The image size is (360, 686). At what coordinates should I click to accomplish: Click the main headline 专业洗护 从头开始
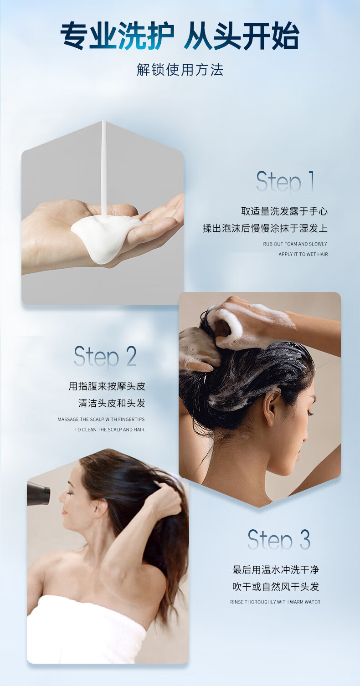180,36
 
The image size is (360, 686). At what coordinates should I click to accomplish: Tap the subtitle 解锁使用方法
180,70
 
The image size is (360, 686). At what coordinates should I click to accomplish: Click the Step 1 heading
285,181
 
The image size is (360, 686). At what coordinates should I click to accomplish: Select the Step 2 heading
105,356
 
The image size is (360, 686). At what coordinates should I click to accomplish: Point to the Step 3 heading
279,540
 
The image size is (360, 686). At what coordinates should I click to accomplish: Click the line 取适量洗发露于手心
284,211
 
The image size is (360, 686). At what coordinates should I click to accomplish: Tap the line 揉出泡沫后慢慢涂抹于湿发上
265,228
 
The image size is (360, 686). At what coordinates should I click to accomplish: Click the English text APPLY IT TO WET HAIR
303,254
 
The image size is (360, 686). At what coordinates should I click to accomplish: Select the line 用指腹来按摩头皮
107,386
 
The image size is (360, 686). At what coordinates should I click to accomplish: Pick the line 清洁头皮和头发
112,403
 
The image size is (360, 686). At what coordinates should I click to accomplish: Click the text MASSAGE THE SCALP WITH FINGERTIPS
101,419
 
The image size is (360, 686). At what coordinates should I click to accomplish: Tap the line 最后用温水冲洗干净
276,570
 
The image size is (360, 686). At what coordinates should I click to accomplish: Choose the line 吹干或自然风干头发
276,587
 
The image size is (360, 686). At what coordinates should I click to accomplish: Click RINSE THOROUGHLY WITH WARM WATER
275,602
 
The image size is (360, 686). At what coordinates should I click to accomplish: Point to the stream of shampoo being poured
104,169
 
